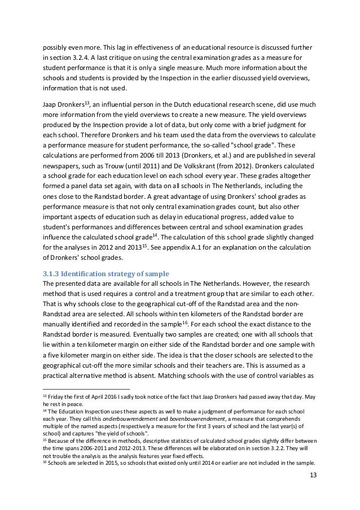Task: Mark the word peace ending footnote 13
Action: tap(84, 405)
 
